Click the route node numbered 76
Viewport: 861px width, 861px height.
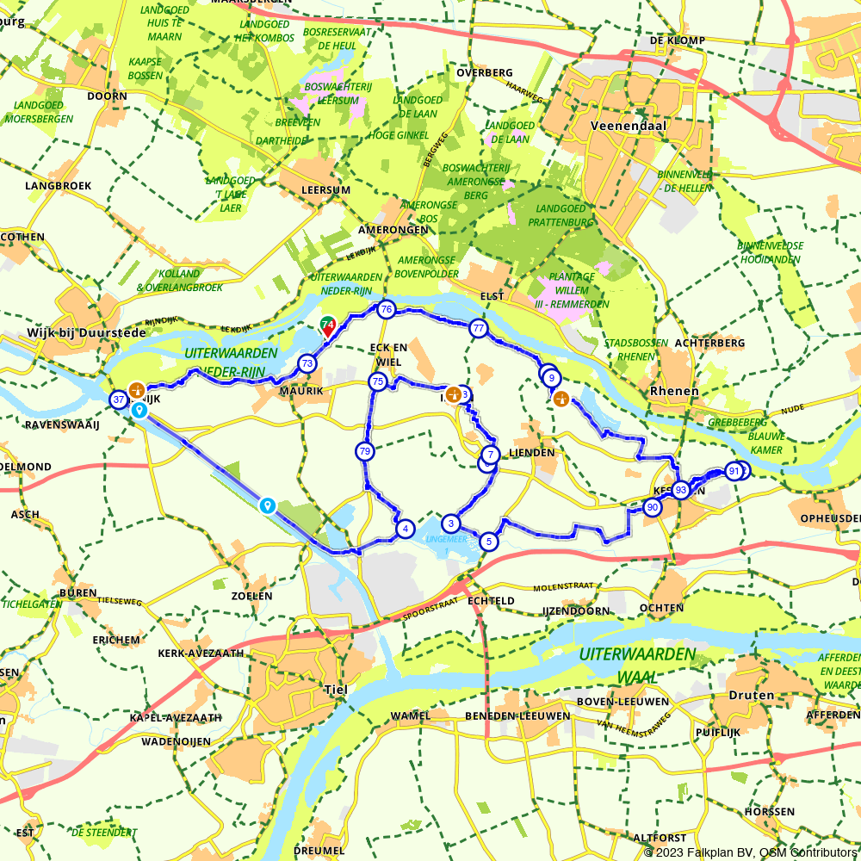[386, 310]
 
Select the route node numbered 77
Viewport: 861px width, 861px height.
[479, 328]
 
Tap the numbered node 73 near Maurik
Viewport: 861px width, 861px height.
[307, 364]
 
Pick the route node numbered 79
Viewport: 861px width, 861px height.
[365, 450]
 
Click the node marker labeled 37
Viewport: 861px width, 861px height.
[119, 400]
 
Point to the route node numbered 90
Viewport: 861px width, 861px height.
[652, 508]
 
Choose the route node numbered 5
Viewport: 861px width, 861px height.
[489, 542]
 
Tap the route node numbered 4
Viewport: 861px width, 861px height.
[405, 529]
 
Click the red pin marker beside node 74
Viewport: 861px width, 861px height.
[328, 328]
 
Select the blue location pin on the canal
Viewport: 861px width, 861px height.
[268, 505]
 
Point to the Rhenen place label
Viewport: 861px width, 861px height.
[675, 391]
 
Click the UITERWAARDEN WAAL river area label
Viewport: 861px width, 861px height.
[636, 665]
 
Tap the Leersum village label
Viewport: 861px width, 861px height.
[326, 189]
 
